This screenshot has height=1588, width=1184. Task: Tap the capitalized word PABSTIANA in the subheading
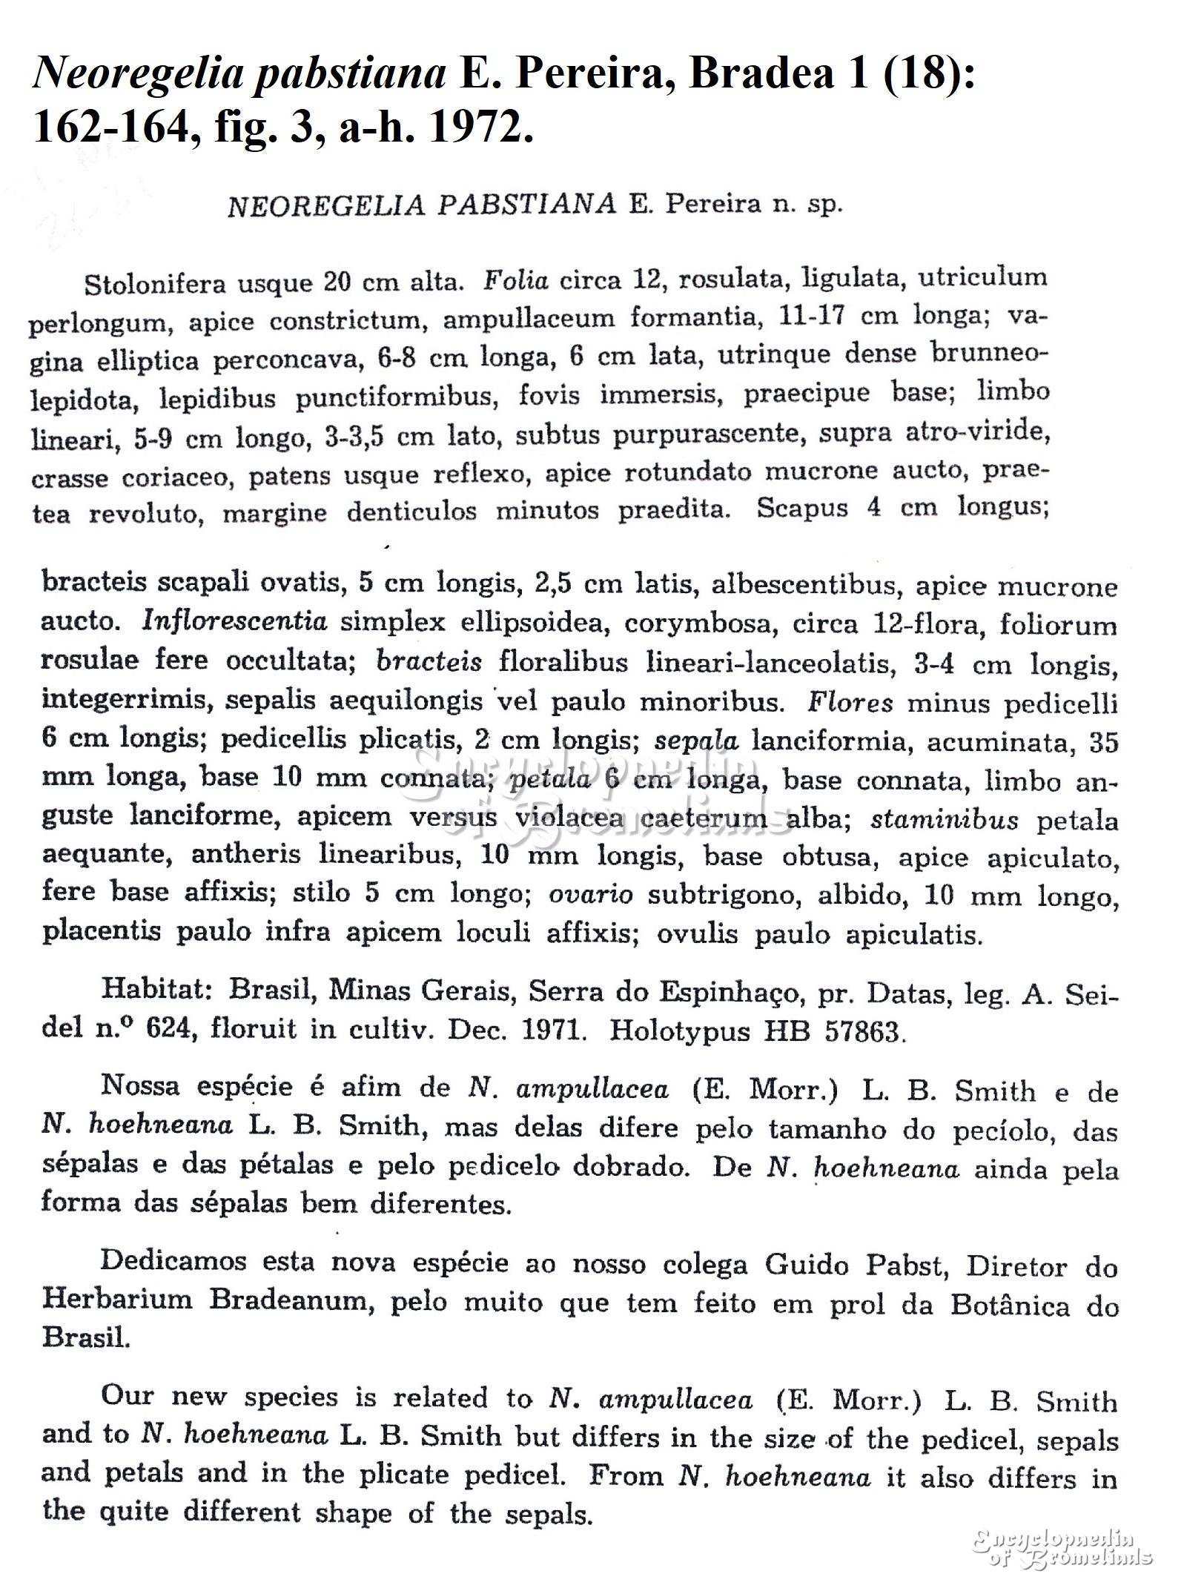(x=526, y=205)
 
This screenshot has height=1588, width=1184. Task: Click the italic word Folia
(x=516, y=280)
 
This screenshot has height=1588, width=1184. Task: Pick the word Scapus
(x=802, y=508)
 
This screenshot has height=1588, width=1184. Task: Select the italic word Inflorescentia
(x=234, y=621)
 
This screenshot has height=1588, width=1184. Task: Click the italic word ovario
(x=590, y=895)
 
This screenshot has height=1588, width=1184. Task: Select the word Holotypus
(x=680, y=1030)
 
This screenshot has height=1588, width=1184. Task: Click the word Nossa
(x=140, y=1085)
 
